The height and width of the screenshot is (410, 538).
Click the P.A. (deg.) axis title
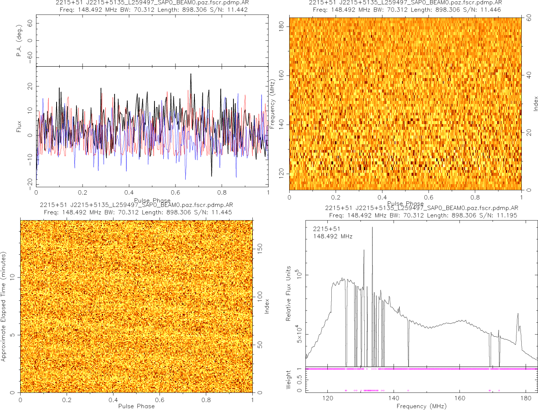[19, 40]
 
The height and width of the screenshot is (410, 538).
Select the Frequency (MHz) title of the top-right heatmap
[273, 104]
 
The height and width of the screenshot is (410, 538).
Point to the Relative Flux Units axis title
[289, 293]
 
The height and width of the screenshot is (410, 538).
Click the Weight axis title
[289, 379]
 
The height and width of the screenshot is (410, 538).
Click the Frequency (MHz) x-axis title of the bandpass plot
[421, 406]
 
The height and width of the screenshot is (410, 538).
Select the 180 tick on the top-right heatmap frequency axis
[281, 27]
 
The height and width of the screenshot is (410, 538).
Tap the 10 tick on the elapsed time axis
[14, 277]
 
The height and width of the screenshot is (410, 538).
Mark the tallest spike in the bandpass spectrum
[372, 228]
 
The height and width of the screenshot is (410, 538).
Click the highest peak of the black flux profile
[191, 74]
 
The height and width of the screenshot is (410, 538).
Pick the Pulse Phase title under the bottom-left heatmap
[136, 406]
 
